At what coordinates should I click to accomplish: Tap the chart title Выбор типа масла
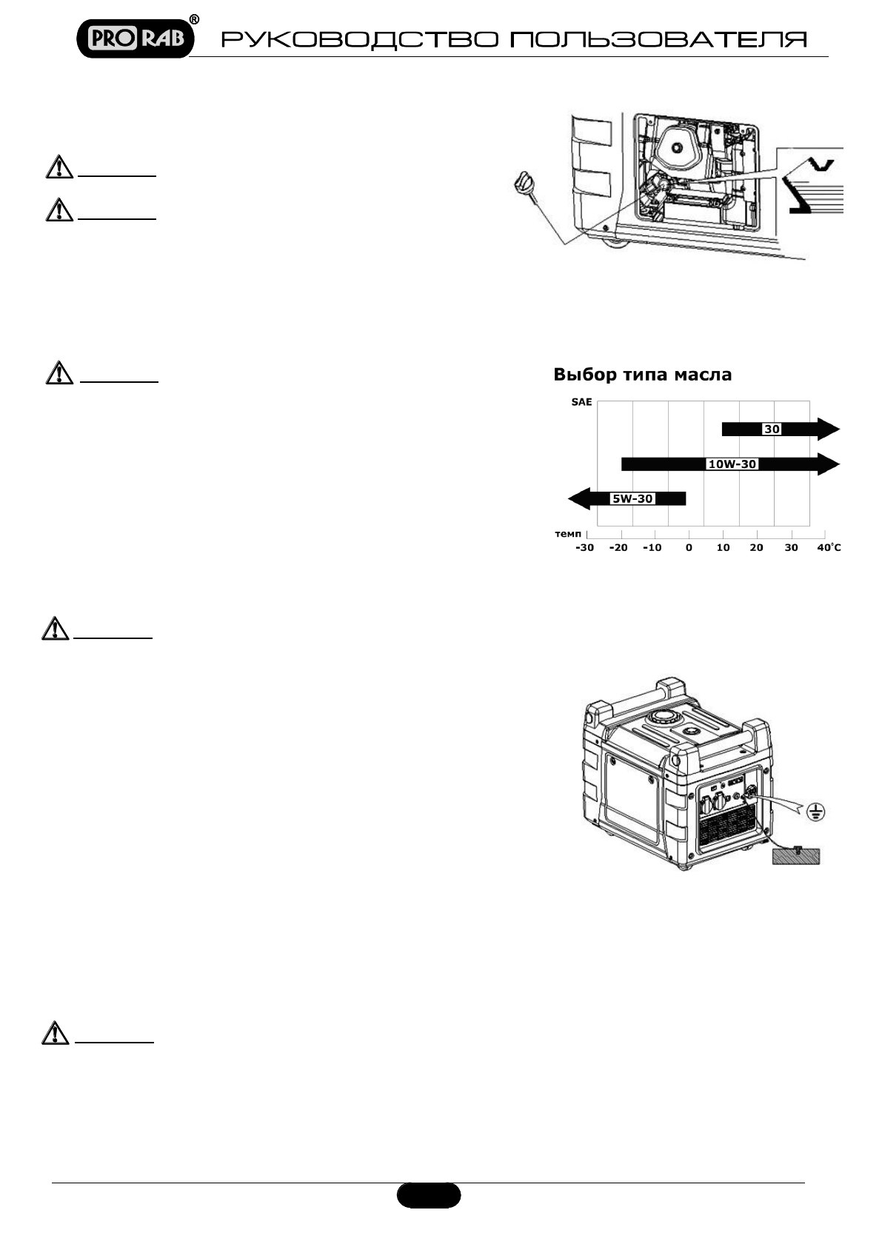click(x=642, y=375)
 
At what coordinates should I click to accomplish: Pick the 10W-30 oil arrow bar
click(x=729, y=464)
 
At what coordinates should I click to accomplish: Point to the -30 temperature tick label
click(x=585, y=548)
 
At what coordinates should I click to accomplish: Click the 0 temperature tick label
click(x=689, y=548)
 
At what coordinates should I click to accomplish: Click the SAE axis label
click(x=581, y=403)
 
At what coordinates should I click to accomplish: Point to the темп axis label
click(x=569, y=533)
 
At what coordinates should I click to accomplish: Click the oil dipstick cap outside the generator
click(x=524, y=181)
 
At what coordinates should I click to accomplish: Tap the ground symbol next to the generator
click(x=815, y=812)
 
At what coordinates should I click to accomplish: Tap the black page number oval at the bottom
click(x=429, y=1194)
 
